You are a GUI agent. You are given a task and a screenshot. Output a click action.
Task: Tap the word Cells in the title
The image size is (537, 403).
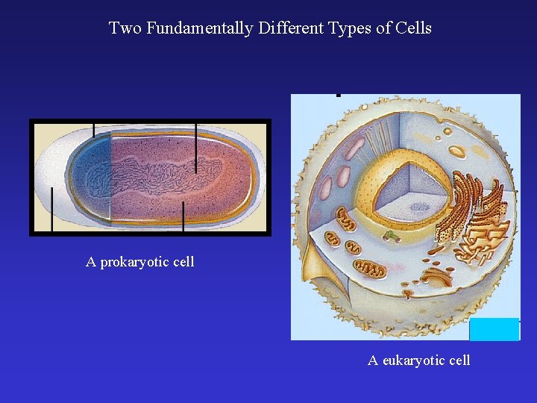click(414, 28)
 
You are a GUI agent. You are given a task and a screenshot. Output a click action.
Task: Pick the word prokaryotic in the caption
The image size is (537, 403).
click(136, 262)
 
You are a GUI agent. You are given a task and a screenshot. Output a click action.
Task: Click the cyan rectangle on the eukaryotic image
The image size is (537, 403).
click(494, 329)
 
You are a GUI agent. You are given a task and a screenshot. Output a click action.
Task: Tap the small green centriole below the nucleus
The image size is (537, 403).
click(393, 237)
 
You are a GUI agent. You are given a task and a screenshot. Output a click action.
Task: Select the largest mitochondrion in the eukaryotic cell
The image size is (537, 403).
click(368, 268)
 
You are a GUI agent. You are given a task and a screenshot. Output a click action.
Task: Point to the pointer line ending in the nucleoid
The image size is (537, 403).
click(196, 149)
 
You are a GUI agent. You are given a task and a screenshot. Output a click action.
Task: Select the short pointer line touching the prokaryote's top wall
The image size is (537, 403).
click(94, 130)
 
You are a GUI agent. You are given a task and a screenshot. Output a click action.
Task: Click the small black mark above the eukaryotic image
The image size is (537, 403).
click(339, 95)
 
